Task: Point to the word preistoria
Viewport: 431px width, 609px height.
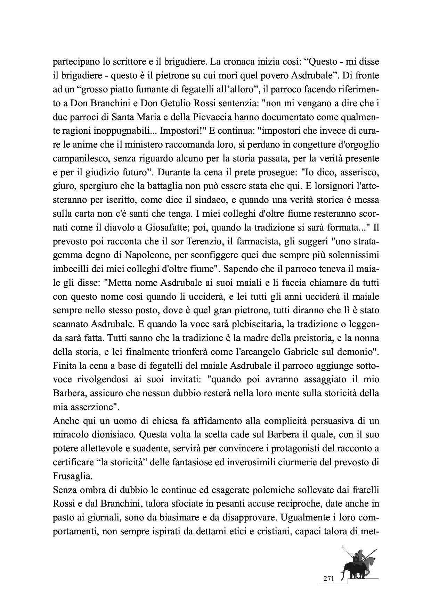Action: click(298, 338)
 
